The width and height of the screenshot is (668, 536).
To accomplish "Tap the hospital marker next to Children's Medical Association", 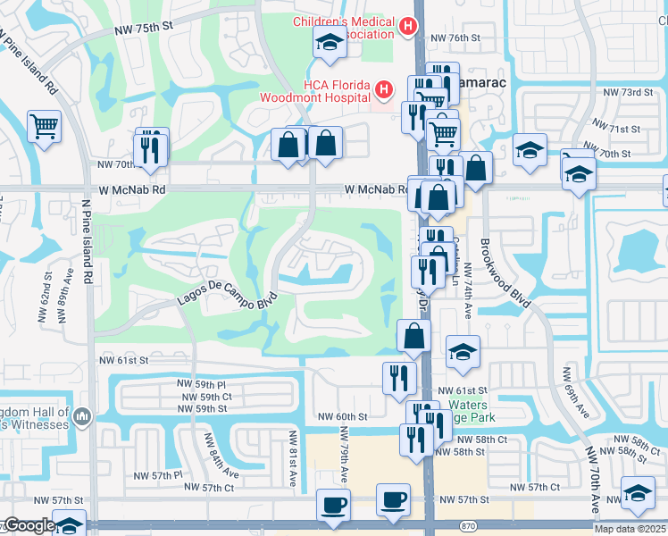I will click(x=408, y=27).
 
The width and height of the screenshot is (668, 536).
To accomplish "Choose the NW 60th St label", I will click(x=339, y=417).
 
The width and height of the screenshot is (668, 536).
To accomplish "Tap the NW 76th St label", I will click(x=455, y=38).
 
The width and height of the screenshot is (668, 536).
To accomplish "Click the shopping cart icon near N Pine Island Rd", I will click(x=44, y=126).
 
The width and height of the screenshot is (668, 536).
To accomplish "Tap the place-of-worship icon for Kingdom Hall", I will click(x=83, y=416).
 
